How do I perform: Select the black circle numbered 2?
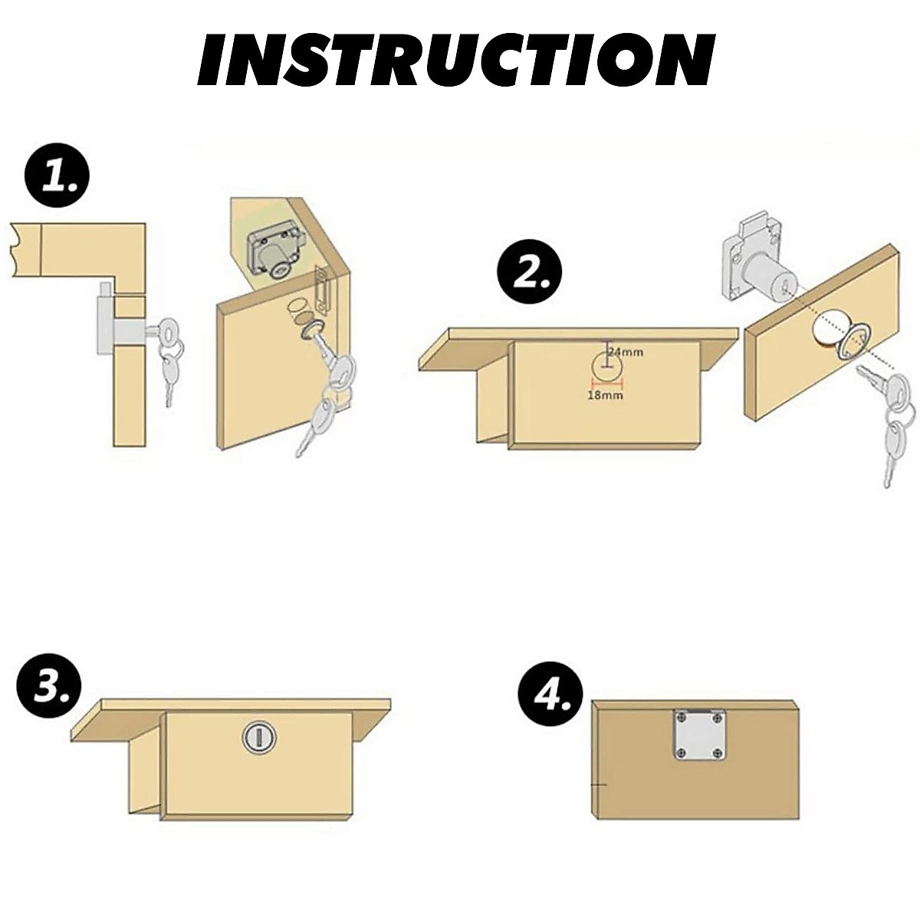[x=528, y=271]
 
